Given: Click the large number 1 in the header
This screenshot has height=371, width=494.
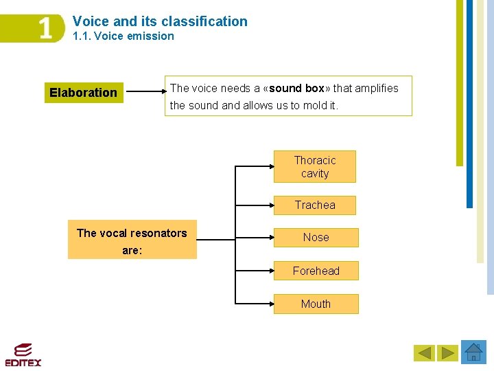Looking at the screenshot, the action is point(45,29).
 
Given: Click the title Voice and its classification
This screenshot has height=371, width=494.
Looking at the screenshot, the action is point(160,21).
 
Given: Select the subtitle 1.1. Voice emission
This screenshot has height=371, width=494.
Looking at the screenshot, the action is point(123,36).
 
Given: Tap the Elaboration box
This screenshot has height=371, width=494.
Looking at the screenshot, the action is point(84,93).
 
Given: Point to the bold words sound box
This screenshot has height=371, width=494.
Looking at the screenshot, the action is point(296,88).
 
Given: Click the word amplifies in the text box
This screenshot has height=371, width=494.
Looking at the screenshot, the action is point(376,88).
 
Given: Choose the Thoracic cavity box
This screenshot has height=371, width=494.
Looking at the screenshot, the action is point(315,167).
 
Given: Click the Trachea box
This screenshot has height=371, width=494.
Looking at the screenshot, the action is point(315,205).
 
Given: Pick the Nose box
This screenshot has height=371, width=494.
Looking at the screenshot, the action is point(316,237).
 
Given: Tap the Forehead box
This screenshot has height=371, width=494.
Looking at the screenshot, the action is point(316,271).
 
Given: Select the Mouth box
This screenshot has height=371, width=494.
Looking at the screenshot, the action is point(316,304).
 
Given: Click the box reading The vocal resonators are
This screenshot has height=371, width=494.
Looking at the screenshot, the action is point(132,240).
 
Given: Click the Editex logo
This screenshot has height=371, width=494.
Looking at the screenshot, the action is point(23,354).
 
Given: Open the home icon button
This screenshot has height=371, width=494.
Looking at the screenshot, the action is point(473,352).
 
